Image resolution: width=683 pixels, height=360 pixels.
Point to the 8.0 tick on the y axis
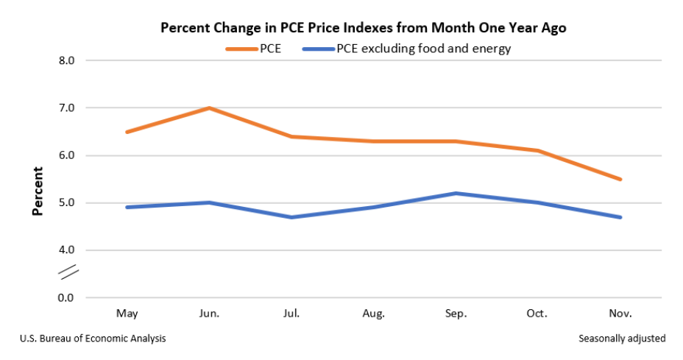[67, 61]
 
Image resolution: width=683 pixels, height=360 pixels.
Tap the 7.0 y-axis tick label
[67, 108]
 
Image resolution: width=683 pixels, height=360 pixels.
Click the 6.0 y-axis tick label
[67, 156]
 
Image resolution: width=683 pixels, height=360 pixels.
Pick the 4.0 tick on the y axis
[67, 250]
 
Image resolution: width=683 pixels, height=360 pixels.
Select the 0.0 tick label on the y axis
[67, 298]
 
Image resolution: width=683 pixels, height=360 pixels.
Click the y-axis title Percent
[38, 191]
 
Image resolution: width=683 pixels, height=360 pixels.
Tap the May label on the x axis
[127, 314]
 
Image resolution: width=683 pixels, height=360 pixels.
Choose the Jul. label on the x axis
[291, 314]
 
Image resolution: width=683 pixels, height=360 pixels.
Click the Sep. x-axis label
[456, 314]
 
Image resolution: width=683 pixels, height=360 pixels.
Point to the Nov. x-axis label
[620, 314]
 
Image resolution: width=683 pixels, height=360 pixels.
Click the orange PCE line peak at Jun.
[210, 108]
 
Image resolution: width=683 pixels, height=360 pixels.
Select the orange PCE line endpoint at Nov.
[620, 179]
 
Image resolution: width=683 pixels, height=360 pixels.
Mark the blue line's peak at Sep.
[456, 194]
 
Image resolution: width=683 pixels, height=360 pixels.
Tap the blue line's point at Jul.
[292, 217]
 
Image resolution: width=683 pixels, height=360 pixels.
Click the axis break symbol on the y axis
[68, 274]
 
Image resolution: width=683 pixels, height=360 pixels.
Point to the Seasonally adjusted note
[621, 339]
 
